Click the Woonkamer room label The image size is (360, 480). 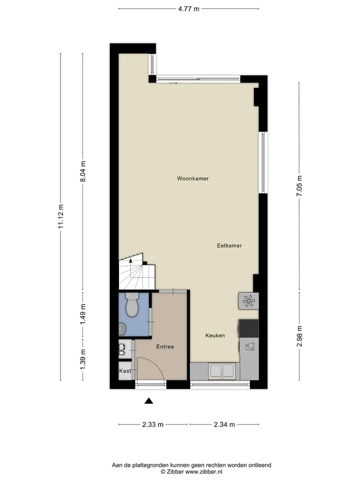coord(193,178)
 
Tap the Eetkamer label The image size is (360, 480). coord(229,245)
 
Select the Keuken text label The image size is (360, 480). coord(215,335)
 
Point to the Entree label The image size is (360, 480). coord(165,347)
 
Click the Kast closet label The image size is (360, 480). coord(125,370)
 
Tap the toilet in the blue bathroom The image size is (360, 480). coord(132,304)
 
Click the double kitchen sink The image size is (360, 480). coord(222,371)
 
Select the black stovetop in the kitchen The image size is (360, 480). coord(248,328)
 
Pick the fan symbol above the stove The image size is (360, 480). coord(248,301)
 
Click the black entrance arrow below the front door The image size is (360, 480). coord(149,400)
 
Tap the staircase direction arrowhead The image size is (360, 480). coord(130,261)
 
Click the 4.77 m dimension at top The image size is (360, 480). coord(188,9)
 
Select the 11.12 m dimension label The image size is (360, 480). coord(60,216)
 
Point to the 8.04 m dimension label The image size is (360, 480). coord(82,171)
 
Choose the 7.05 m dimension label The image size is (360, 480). coord(299,186)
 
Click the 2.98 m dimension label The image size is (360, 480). coord(299,336)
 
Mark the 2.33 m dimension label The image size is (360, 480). coord(153,424)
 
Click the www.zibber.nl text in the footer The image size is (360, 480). coord(203,471)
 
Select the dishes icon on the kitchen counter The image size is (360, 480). coord(249,346)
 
